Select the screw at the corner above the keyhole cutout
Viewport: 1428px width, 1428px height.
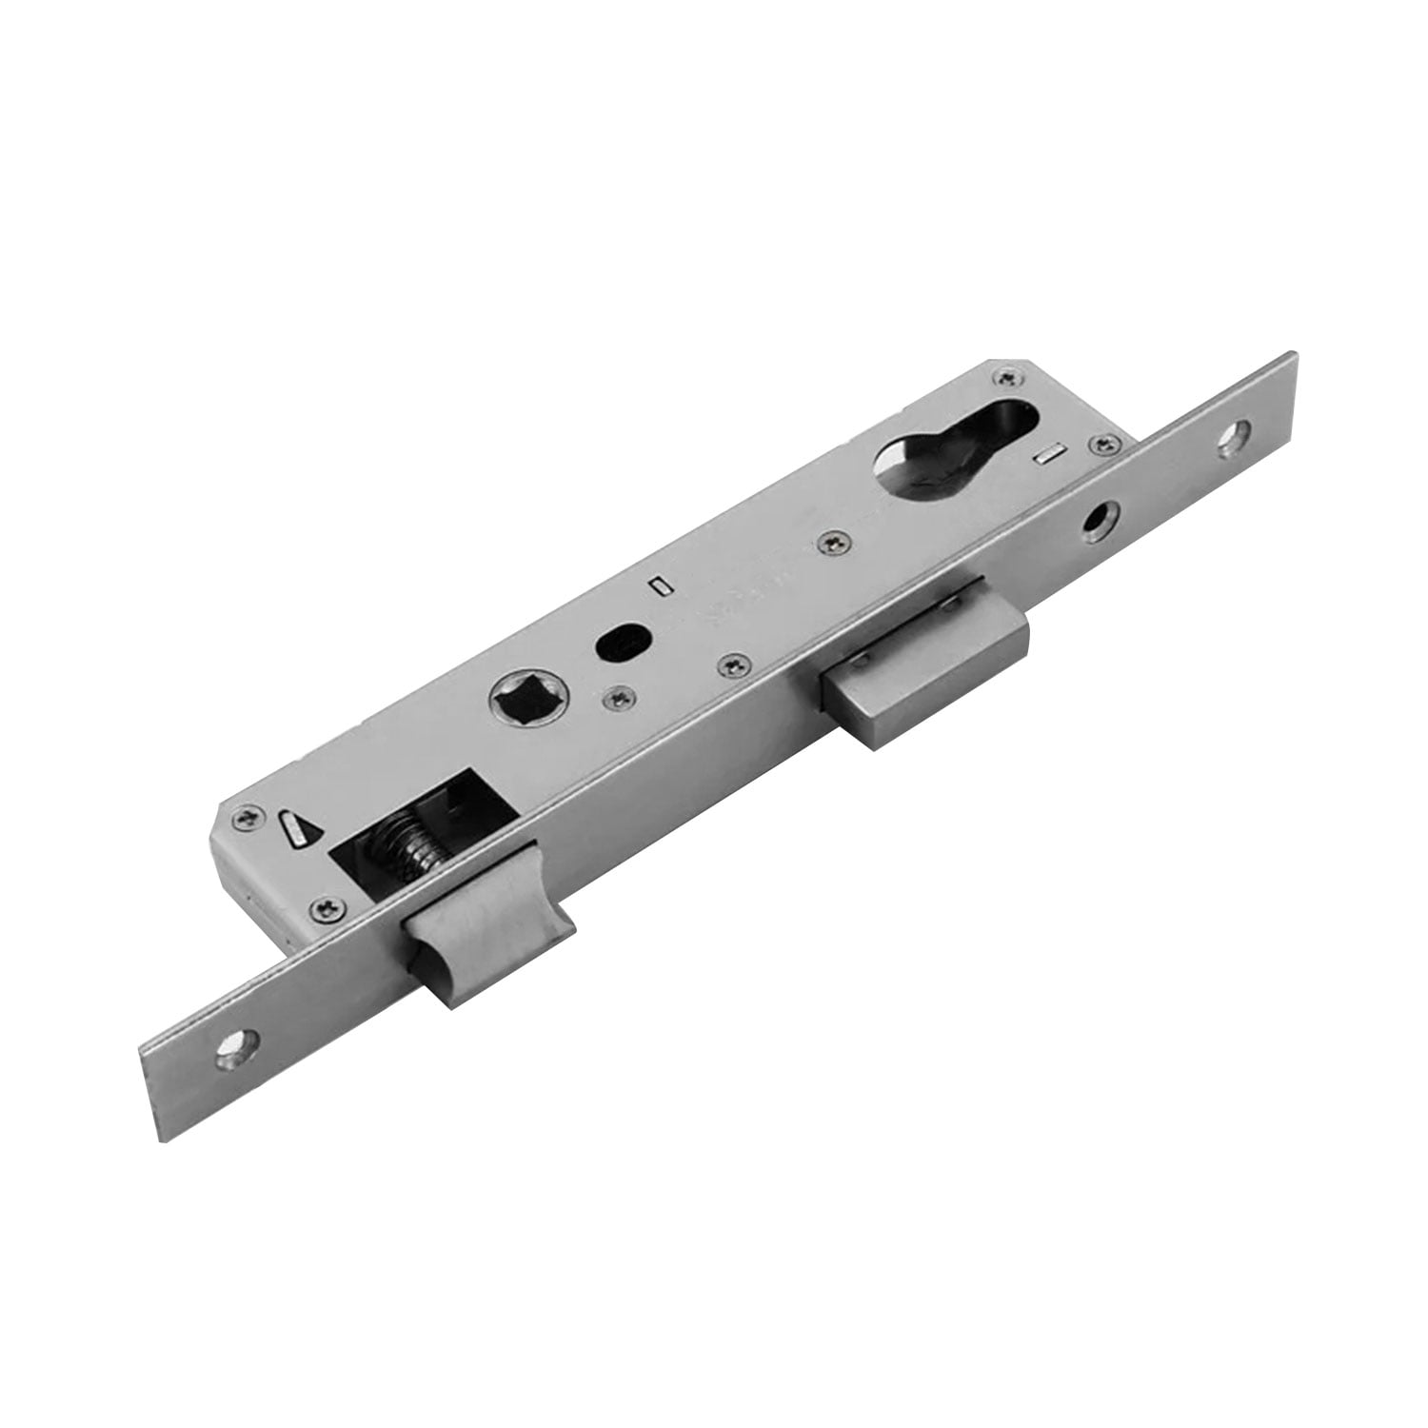(1004, 378)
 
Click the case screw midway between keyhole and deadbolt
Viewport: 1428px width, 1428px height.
(832, 540)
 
